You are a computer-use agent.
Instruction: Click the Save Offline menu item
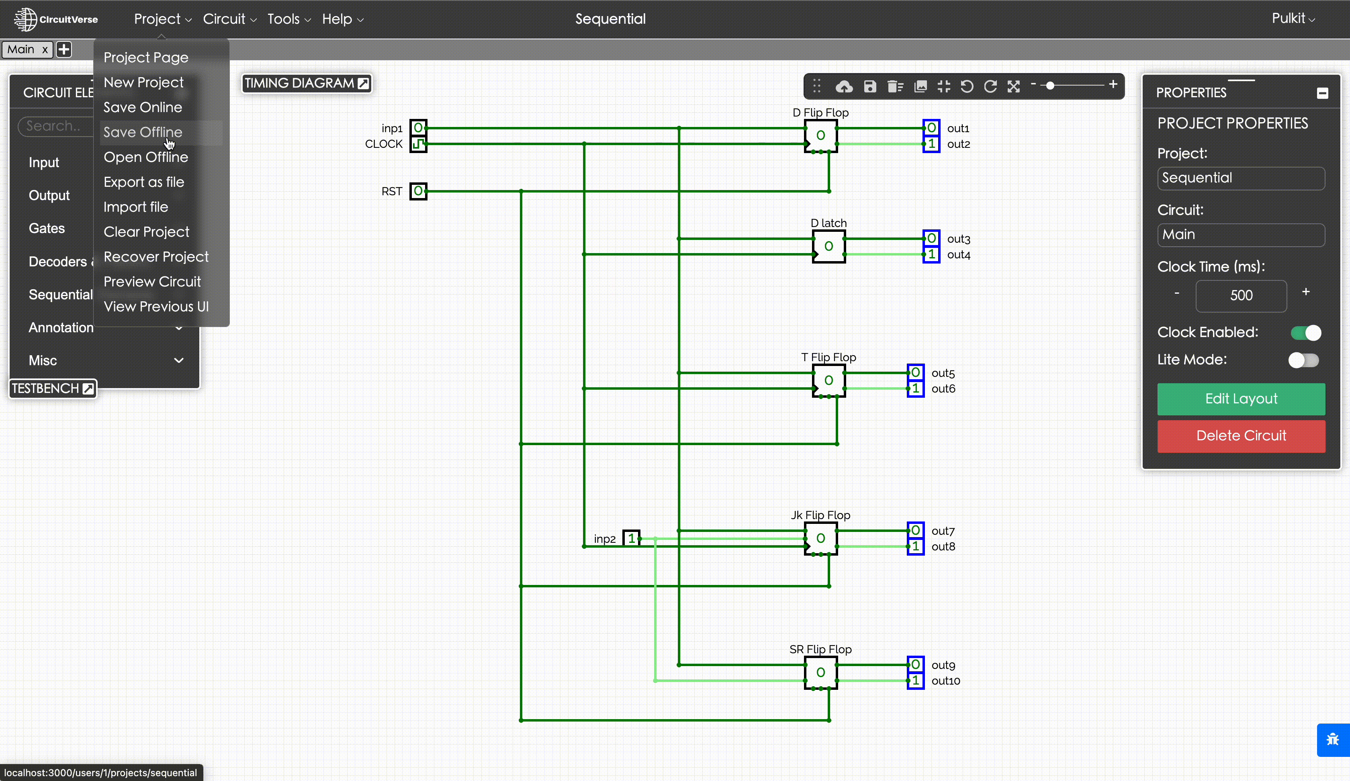pyautogui.click(x=143, y=132)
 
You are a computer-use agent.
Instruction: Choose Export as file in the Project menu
pyautogui.click(x=143, y=182)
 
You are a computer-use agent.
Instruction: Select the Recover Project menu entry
pyautogui.click(x=156, y=257)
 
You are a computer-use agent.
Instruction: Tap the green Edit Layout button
pyautogui.click(x=1241, y=399)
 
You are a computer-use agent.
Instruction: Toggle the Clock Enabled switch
pyautogui.click(x=1305, y=333)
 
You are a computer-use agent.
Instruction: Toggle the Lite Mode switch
pyautogui.click(x=1303, y=360)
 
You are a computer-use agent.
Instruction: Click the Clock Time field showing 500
pyautogui.click(x=1241, y=295)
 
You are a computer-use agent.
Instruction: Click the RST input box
pyautogui.click(x=418, y=191)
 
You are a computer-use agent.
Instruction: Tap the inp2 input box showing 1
pyautogui.click(x=631, y=538)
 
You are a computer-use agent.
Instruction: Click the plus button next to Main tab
pyautogui.click(x=64, y=50)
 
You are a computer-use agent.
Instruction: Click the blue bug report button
pyautogui.click(x=1332, y=740)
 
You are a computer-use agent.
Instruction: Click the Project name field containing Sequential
pyautogui.click(x=1241, y=178)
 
